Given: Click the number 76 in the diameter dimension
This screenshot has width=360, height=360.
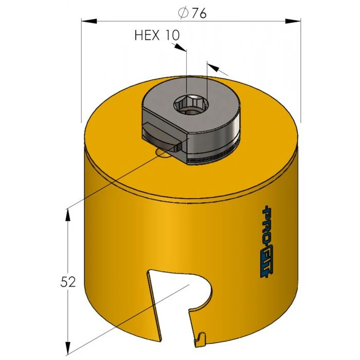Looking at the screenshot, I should click(x=199, y=13).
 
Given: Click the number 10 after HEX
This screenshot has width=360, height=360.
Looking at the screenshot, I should click(x=173, y=35).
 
